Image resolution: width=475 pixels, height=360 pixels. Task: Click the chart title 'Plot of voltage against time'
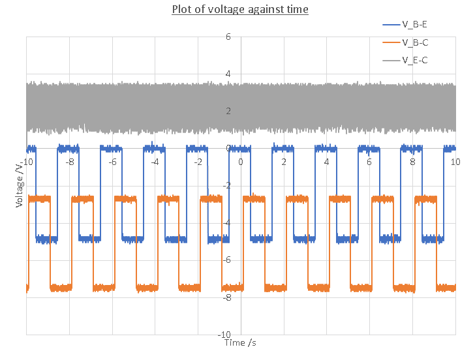click(x=240, y=9)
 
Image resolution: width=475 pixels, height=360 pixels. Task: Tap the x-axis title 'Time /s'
click(x=243, y=342)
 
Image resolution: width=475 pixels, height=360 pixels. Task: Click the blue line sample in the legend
click(x=391, y=25)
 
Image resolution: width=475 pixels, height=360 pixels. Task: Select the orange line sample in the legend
click(x=391, y=42)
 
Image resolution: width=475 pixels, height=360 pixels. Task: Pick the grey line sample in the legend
click(x=391, y=60)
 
